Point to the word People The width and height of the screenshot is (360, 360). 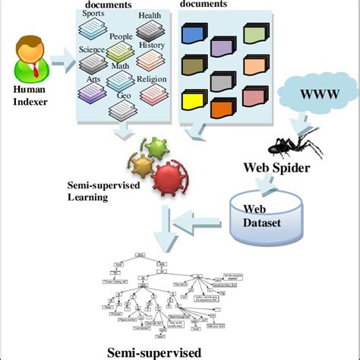[121, 36]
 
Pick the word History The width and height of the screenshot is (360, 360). [152, 45]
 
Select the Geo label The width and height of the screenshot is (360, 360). [124, 96]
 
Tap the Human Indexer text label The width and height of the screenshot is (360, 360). [30, 96]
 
